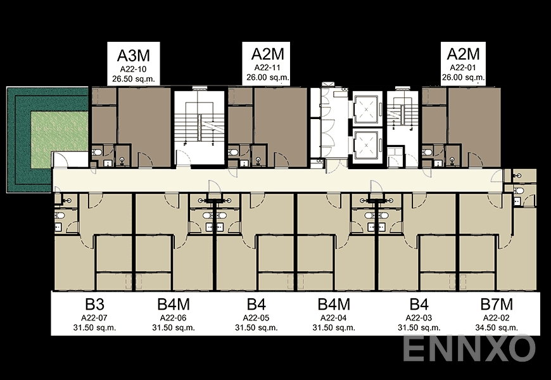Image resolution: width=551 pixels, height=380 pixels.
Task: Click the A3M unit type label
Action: click(x=133, y=54)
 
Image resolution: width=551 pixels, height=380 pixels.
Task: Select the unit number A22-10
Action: click(x=133, y=68)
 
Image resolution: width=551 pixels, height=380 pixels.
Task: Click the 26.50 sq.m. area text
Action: click(x=133, y=79)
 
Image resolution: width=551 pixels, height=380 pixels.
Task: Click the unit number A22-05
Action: click(x=256, y=317)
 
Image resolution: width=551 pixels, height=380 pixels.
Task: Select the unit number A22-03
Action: click(x=419, y=317)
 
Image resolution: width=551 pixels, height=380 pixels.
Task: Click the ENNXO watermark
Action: click(x=469, y=348)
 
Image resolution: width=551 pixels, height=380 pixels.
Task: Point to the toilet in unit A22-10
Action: click(x=96, y=153)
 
